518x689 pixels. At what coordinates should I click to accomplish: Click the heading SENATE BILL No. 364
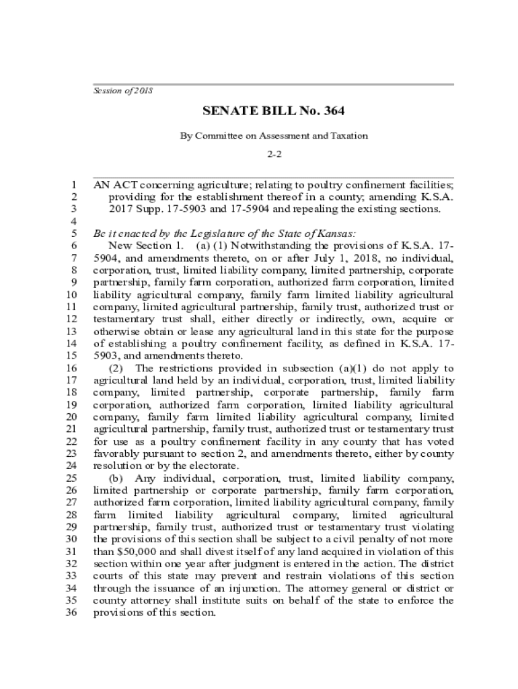coord(274,111)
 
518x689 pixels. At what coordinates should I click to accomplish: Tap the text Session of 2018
coord(123,90)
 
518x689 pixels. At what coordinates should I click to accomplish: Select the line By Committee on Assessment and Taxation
coord(274,135)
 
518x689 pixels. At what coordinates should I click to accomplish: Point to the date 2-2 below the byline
coord(274,154)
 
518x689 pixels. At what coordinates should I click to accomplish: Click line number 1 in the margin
coord(73,184)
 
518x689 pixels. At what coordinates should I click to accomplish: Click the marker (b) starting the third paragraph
coord(116,478)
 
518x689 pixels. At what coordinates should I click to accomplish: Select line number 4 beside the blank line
coord(73,221)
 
